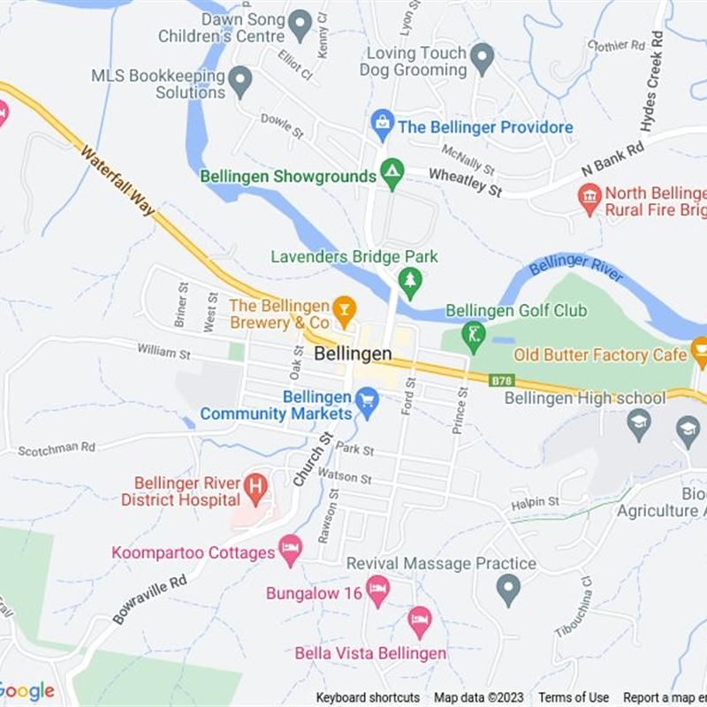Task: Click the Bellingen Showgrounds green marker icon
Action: click(x=392, y=173)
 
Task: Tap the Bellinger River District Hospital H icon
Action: click(x=255, y=486)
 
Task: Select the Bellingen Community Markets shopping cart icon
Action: click(x=367, y=402)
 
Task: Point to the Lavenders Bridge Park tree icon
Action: click(x=409, y=282)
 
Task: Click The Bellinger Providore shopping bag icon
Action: click(x=382, y=125)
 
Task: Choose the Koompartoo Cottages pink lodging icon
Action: click(x=290, y=551)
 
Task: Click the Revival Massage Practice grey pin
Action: click(x=507, y=588)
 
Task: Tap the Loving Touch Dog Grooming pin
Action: click(x=482, y=59)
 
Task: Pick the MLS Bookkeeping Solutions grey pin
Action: click(x=240, y=82)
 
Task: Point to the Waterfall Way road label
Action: click(x=118, y=181)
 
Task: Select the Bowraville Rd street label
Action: click(x=149, y=600)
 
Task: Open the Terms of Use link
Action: click(x=574, y=697)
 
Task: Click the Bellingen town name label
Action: click(x=353, y=353)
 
